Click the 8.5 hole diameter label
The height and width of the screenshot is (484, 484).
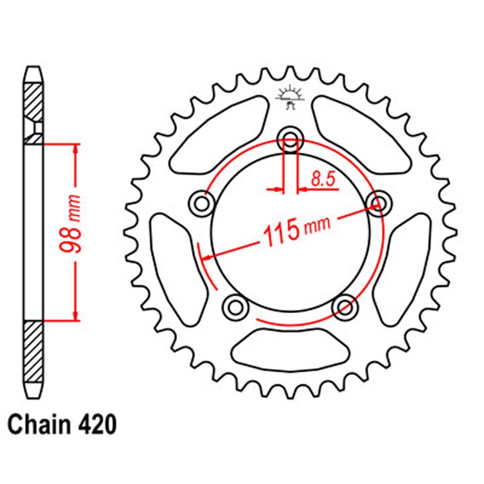pyautogui.click(x=323, y=179)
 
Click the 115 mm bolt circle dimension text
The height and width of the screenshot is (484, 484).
pyautogui.click(x=296, y=230)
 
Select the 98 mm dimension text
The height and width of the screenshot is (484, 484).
pyautogui.click(x=70, y=223)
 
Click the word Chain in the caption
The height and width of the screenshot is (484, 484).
pyautogui.click(x=39, y=425)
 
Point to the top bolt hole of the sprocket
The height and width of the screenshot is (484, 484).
pyautogui.click(x=290, y=140)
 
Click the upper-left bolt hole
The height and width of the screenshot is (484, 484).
pyautogui.click(x=202, y=204)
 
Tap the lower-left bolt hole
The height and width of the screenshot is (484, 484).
pyautogui.click(x=236, y=307)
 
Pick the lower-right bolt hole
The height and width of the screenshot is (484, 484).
pyautogui.click(x=345, y=307)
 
